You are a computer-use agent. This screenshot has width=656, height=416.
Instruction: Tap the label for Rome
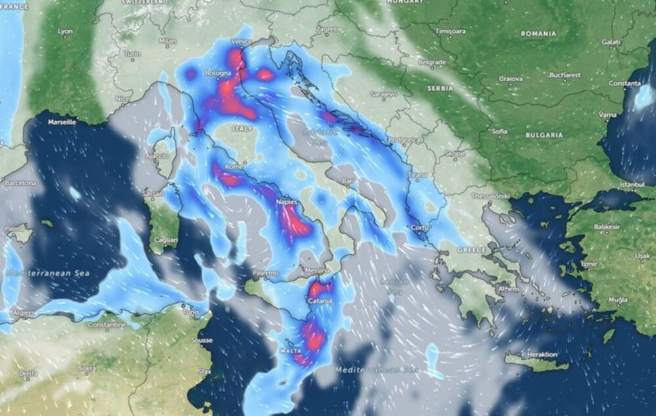tap(234, 167)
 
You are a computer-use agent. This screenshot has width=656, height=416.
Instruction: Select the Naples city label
tap(287, 203)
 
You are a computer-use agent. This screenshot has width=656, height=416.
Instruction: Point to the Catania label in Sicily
tap(321, 301)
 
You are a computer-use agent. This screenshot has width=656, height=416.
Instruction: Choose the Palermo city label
tap(265, 272)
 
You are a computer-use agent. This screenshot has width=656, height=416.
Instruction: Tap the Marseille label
tap(63, 122)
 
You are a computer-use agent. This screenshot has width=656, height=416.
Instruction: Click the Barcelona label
tap(21, 183)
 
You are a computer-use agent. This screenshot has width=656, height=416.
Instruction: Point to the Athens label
tap(508, 289)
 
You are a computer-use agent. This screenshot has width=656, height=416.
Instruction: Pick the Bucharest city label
tap(565, 75)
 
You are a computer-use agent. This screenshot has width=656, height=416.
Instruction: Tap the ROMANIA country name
tap(538, 33)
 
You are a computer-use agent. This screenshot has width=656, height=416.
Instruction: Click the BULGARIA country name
tap(544, 135)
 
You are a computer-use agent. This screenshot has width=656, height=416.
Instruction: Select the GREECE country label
tap(472, 250)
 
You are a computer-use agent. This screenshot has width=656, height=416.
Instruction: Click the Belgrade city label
tap(432, 63)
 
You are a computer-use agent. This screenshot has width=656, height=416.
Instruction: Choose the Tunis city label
tap(191, 312)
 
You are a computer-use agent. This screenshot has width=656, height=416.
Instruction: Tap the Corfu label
tap(422, 228)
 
